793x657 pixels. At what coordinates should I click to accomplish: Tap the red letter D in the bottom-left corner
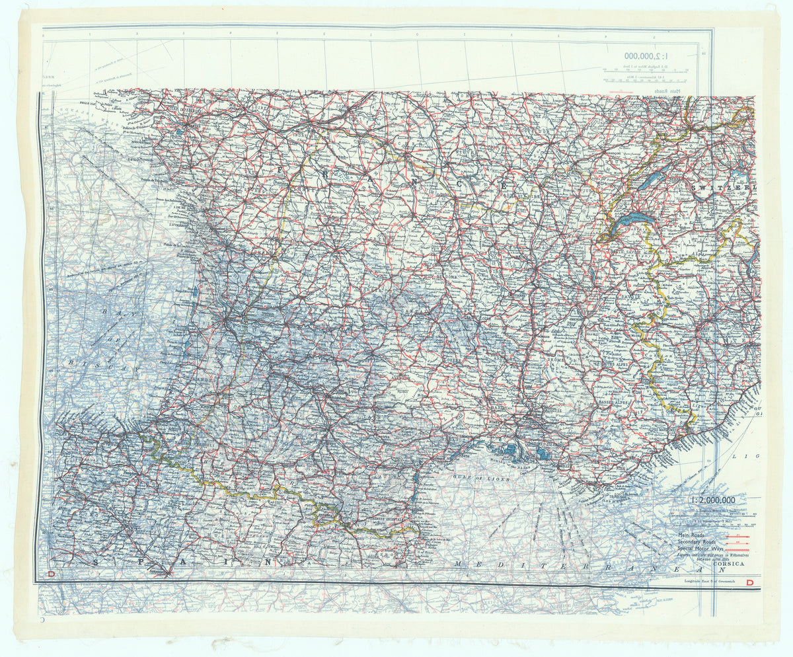(x=50, y=576)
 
